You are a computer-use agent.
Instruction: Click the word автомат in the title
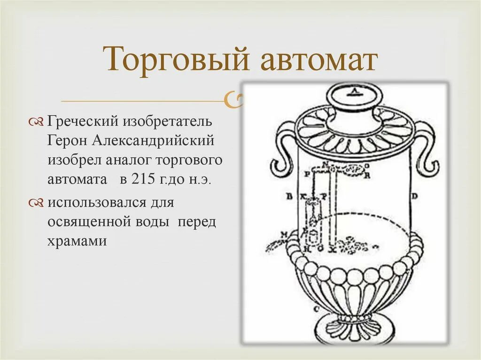pyautogui.click(x=318, y=60)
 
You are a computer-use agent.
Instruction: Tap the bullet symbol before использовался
pyautogui.click(x=36, y=203)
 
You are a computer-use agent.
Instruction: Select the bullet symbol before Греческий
pyautogui.click(x=36, y=123)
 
